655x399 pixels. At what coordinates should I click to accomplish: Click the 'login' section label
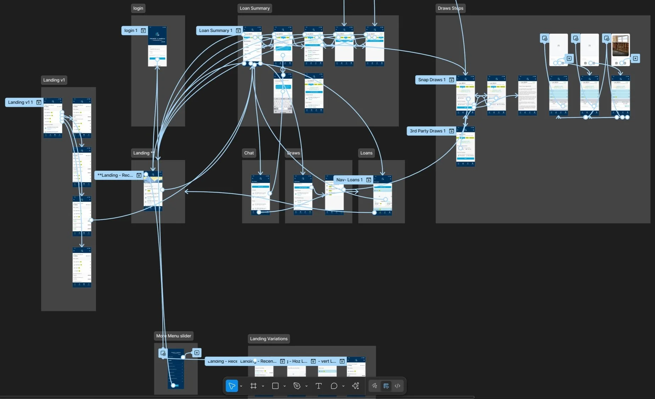[x=138, y=8]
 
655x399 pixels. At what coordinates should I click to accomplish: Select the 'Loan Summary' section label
[x=254, y=8]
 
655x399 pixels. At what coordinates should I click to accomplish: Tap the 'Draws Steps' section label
[x=450, y=8]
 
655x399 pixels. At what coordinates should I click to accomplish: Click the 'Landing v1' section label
[x=54, y=80]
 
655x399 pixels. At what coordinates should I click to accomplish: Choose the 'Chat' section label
[x=249, y=153]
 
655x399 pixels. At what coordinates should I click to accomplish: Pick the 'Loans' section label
[x=366, y=153]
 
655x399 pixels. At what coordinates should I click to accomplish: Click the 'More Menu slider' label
[x=174, y=336]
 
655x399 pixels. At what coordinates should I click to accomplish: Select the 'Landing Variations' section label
[x=269, y=339]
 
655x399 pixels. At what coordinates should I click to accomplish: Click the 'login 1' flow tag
[x=131, y=31]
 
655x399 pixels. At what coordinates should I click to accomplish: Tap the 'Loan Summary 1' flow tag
[x=215, y=31]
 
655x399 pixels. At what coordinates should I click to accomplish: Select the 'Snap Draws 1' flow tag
[x=432, y=80]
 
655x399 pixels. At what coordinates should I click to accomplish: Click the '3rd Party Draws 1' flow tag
[x=427, y=131]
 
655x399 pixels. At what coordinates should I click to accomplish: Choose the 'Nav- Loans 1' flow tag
[x=349, y=180]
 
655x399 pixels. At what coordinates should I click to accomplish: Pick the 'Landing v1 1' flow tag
[x=21, y=102]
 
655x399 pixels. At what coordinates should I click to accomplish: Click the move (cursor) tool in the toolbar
[x=232, y=386]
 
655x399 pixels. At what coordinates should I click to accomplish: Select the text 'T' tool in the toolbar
[x=319, y=386]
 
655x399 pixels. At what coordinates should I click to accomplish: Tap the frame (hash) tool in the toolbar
[x=253, y=386]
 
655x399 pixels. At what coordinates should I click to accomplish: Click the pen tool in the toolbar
[x=297, y=386]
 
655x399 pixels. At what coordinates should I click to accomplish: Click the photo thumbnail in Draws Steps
[x=621, y=45]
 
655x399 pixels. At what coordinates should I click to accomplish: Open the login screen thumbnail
[x=157, y=46]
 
